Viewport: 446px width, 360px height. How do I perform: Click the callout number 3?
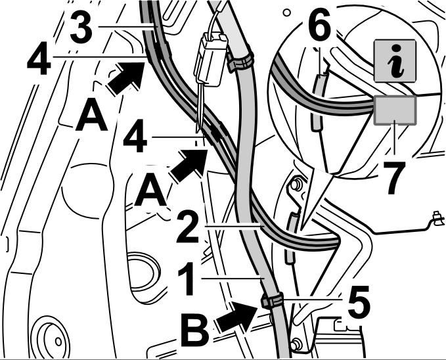(x=81, y=28)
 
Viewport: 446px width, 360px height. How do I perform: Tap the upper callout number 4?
(x=39, y=58)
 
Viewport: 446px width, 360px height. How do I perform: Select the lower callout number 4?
(x=135, y=136)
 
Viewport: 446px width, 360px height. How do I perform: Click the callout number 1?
(x=187, y=279)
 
